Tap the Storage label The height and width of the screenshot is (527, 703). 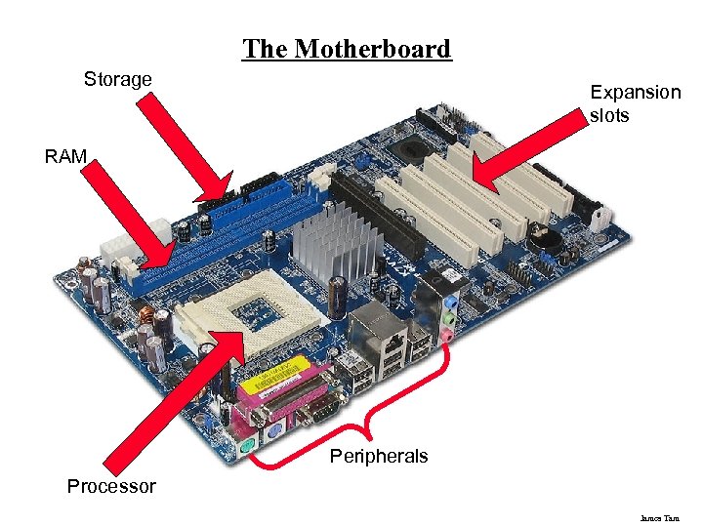(118, 79)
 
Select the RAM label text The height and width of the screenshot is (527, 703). (65, 155)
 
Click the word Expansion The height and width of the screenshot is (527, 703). (635, 93)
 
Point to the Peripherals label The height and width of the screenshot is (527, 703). (379, 456)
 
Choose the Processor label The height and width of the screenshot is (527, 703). (111, 486)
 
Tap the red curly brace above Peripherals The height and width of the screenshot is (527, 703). (351, 429)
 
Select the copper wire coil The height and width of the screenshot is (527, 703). (152, 317)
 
